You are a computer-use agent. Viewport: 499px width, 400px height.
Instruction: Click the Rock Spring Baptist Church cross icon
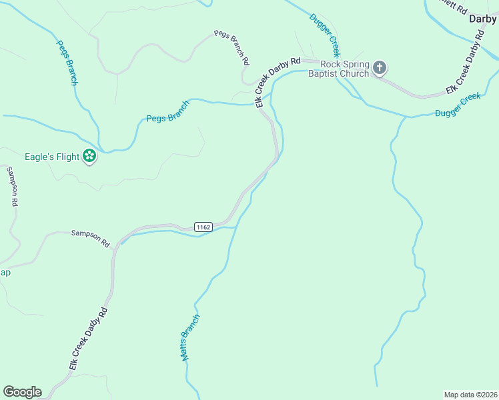pyautogui.click(x=380, y=67)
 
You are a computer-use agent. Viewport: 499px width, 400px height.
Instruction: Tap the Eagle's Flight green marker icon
pyautogui.click(x=89, y=157)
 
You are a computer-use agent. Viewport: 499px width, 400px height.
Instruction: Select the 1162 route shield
pyautogui.click(x=203, y=227)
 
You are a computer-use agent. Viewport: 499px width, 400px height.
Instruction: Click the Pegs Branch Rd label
pyautogui.click(x=232, y=47)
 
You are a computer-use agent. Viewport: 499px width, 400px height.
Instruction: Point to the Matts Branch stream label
pyautogui.click(x=189, y=337)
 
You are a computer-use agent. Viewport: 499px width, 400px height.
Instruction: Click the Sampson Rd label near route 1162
pyautogui.click(x=90, y=239)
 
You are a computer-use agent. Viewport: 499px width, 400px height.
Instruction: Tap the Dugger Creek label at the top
pyautogui.click(x=325, y=35)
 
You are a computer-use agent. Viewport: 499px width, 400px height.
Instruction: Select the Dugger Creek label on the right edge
pyautogui.click(x=458, y=105)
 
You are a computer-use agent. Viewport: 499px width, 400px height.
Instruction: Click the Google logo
pyautogui.click(x=22, y=392)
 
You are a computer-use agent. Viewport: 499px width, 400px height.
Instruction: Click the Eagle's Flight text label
pyautogui.click(x=51, y=157)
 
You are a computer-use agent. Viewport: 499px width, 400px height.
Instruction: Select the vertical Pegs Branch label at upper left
pyautogui.click(x=67, y=63)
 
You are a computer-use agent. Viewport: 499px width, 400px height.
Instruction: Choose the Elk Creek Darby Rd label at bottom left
pyautogui.click(x=88, y=339)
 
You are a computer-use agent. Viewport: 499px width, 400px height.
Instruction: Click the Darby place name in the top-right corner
pyautogui.click(x=483, y=19)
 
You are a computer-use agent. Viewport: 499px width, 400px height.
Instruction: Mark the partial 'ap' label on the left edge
pyautogui.click(x=5, y=273)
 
